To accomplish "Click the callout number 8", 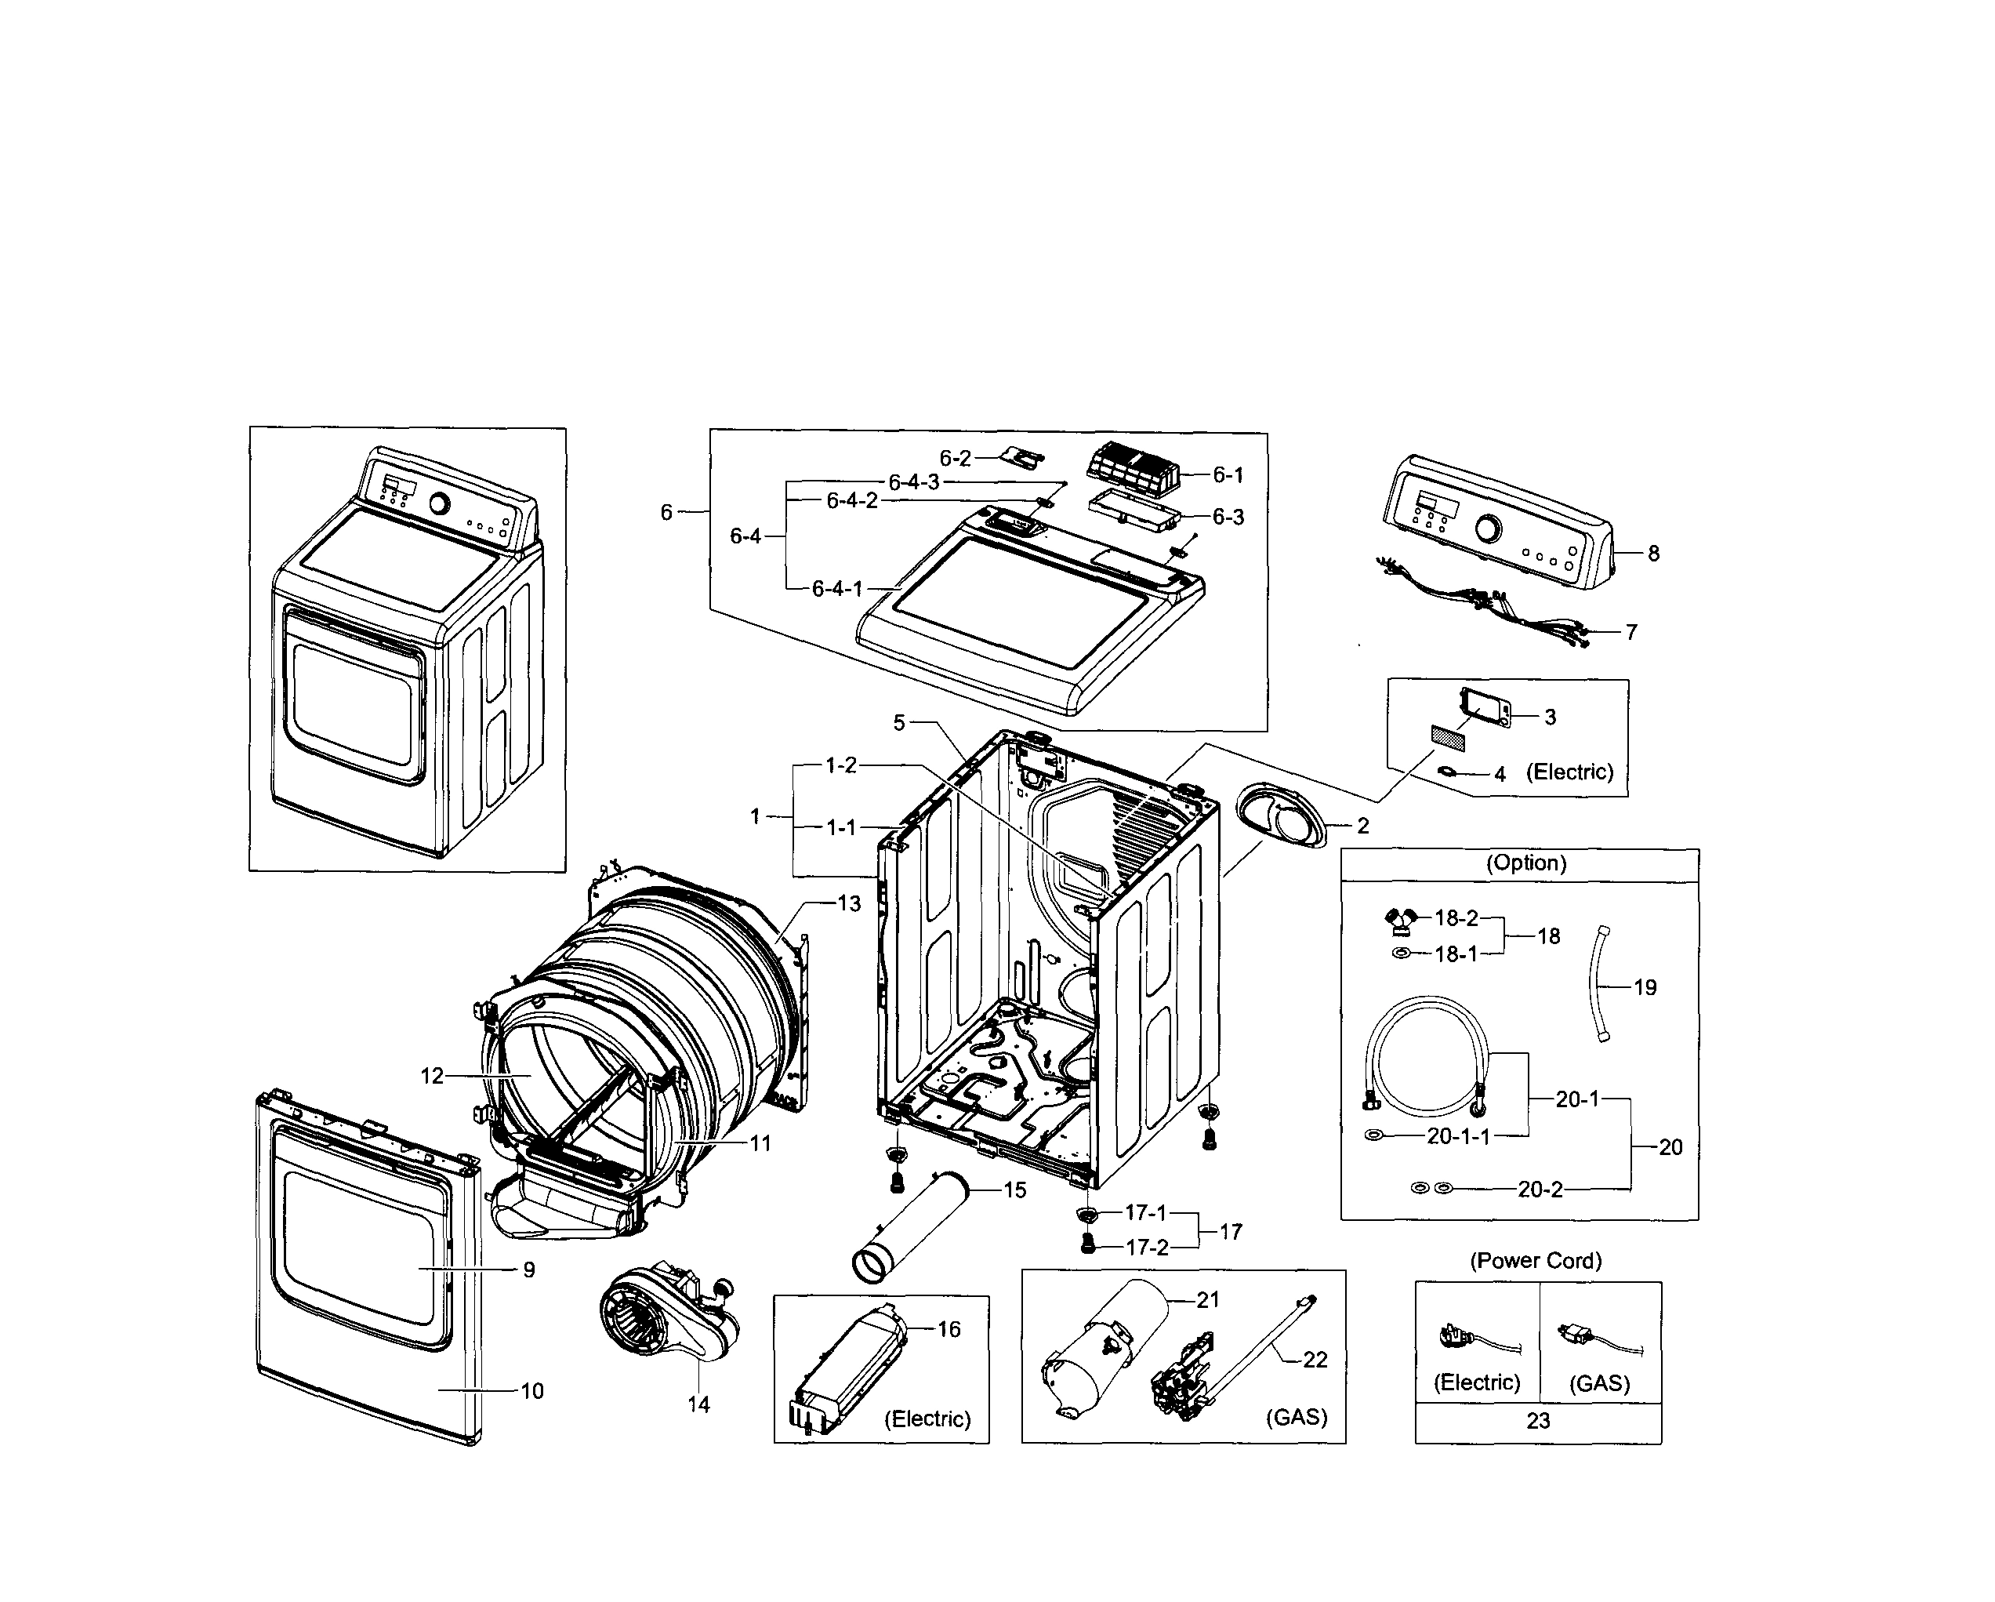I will (1652, 554).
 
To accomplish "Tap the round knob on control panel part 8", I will (1488, 529).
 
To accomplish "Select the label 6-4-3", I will (913, 482).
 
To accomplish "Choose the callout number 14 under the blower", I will (698, 1405).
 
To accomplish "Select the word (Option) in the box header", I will (1526, 863).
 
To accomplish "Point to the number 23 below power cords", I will (1538, 1421).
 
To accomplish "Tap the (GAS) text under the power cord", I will (1599, 1382).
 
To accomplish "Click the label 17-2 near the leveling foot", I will (1147, 1248).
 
